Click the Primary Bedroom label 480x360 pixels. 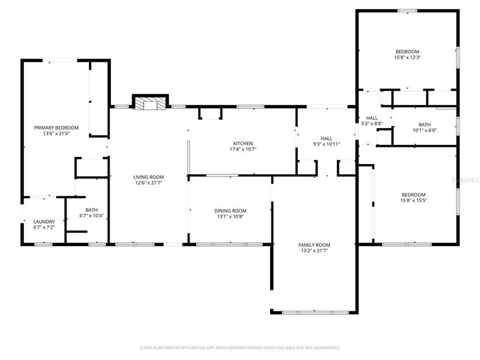pos(56,128)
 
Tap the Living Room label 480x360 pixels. pos(148,177)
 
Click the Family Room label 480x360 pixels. pos(314,245)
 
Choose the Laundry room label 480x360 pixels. pos(44,221)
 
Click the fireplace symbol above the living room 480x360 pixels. pos(150,103)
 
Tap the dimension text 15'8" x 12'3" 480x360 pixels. pos(407,57)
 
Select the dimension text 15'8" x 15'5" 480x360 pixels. pos(413,200)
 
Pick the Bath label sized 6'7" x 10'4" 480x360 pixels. pos(91,210)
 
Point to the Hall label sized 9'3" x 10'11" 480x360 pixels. pos(326,138)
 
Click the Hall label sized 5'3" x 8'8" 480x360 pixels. pos(371,118)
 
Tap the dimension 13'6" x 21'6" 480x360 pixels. pos(56,133)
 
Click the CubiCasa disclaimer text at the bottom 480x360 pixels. pos(239,347)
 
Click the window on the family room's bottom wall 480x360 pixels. pos(313,313)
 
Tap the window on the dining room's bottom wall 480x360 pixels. pos(229,244)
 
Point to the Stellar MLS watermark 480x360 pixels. pos(464,179)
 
